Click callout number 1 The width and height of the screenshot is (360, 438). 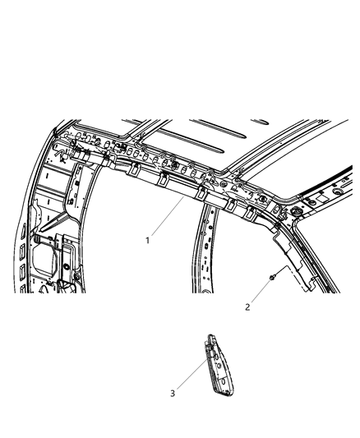[147, 241]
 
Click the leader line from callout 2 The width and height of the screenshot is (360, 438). [259, 293]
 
